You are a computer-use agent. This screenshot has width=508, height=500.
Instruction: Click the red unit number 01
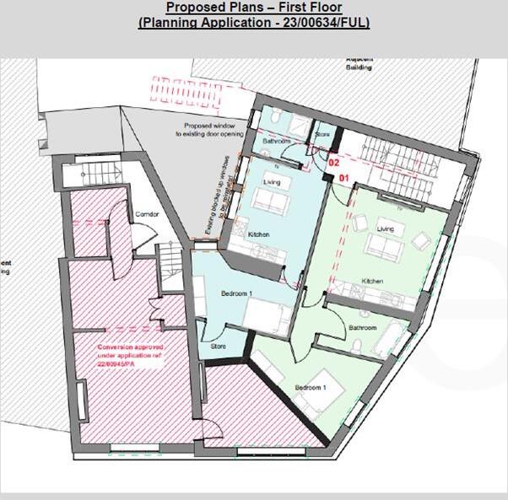pyautogui.click(x=343, y=178)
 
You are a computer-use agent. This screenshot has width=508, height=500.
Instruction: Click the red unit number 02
pyautogui.click(x=333, y=159)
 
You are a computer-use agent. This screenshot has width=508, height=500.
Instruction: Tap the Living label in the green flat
pyautogui.click(x=385, y=228)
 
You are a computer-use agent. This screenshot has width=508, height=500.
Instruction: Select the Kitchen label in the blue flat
pyautogui.click(x=258, y=234)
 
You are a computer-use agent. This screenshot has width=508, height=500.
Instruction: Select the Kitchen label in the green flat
pyautogui.click(x=373, y=281)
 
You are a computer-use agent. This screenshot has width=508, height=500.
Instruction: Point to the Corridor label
pyautogui.click(x=147, y=214)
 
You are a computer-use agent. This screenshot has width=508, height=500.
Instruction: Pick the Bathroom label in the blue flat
pyautogui.click(x=276, y=142)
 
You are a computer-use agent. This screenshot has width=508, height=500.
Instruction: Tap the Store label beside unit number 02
pyautogui.click(x=322, y=135)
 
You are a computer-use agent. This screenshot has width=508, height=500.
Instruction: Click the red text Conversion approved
pyautogui.click(x=130, y=347)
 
